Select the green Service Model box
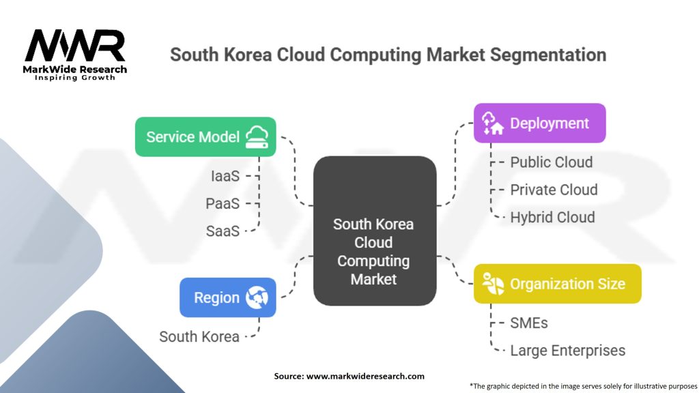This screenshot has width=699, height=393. pos(205,137)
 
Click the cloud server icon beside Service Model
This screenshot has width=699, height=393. pos(257,137)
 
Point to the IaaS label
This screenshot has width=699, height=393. pos(225,176)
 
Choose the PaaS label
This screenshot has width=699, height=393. pos(223,203)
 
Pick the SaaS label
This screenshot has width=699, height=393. pos(223,231)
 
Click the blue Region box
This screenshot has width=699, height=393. pos(227,297)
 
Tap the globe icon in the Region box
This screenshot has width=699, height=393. pos(257,297)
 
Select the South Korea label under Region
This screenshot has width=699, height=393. pos(199,336)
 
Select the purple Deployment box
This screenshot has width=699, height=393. pos(539,123)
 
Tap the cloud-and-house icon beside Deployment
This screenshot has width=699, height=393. pos(492,123)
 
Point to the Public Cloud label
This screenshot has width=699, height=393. pos(552,162)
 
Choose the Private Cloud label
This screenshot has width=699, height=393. pos(554,190)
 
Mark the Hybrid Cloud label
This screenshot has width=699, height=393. pos(552,218)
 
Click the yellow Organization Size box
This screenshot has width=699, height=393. pos(557,284)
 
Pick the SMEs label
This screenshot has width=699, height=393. pos(529,323)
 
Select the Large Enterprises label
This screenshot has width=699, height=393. pos(567,351)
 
